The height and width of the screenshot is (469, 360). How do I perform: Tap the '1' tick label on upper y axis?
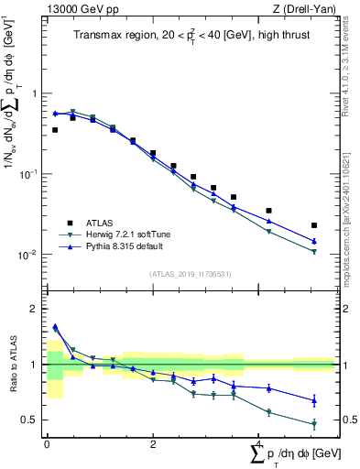pyautogui.click(x=35, y=94)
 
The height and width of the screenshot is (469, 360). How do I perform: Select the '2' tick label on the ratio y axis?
pyautogui.click(x=35, y=309)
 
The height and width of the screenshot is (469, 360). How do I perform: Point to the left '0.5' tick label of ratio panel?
pyautogui.click(x=31, y=420)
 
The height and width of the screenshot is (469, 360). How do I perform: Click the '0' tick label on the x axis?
pyautogui.click(x=47, y=442)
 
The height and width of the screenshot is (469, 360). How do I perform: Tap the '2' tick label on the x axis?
pyautogui.click(x=152, y=442)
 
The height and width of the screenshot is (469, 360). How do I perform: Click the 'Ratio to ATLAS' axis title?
pyautogui.click(x=14, y=365)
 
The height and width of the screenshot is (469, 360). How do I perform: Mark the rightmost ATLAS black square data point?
pyautogui.click(x=314, y=225)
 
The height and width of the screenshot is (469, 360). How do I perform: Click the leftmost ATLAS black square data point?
pyautogui.click(x=55, y=130)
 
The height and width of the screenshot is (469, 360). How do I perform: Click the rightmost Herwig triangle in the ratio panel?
pyautogui.click(x=314, y=424)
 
